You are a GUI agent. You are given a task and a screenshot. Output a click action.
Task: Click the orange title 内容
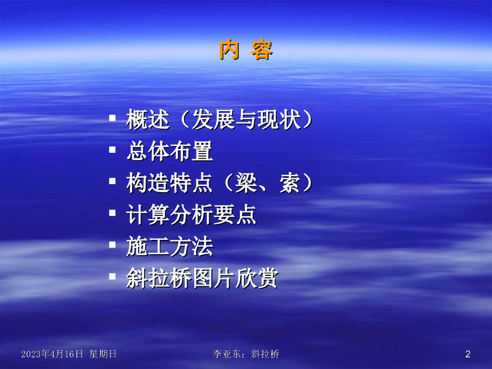click(246, 49)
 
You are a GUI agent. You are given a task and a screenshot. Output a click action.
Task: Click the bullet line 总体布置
click(170, 151)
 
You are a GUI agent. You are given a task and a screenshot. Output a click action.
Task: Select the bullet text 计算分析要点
click(191, 215)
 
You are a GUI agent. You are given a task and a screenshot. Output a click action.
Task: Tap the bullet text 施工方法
click(170, 246)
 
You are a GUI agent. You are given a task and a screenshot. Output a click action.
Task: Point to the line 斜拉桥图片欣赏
click(202, 278)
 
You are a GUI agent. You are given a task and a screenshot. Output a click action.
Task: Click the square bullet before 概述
click(112, 118)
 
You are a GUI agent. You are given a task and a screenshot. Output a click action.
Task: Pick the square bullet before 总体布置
click(112, 150)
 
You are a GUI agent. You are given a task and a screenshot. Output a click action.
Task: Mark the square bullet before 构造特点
click(112, 181)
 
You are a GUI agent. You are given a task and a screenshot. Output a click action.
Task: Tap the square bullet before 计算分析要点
click(112, 213)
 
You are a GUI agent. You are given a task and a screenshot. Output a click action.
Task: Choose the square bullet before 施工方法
click(112, 245)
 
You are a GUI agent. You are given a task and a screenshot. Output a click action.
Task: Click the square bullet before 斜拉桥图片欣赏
click(112, 276)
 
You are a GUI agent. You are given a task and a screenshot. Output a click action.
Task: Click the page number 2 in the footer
click(468, 354)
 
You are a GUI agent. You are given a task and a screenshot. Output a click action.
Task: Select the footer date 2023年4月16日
click(52, 354)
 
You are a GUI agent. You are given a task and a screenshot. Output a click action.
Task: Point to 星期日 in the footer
click(103, 354)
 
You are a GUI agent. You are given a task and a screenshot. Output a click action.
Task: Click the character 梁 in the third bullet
click(246, 183)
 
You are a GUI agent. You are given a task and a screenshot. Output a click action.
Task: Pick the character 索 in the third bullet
click(290, 183)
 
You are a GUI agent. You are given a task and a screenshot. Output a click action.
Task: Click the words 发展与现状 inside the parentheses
click(246, 120)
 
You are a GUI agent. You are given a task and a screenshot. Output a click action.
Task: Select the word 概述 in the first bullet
click(148, 120)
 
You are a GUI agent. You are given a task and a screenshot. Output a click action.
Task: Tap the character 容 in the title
click(262, 49)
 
